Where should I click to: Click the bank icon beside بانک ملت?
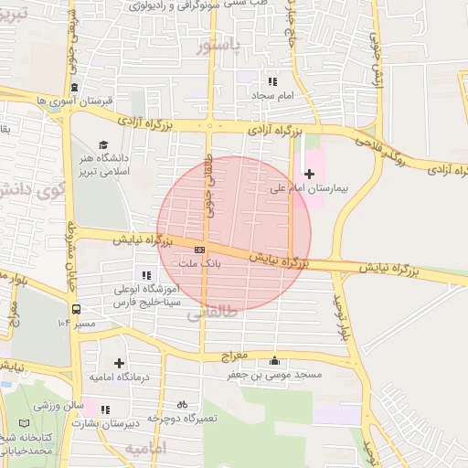tap(199, 249)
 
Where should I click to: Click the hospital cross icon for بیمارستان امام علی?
tap(309, 174)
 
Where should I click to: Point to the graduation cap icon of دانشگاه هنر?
tap(104, 144)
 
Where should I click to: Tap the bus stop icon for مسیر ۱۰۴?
tap(76, 309)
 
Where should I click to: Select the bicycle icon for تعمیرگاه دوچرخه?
tap(182, 403)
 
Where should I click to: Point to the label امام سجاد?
tap(270, 93)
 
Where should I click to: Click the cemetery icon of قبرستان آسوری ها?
tap(73, 88)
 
